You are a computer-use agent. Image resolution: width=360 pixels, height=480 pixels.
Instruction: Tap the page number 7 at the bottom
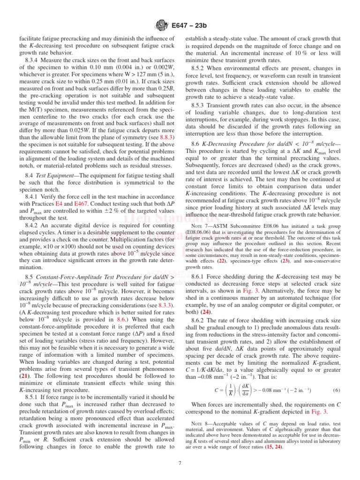(180, 464)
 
